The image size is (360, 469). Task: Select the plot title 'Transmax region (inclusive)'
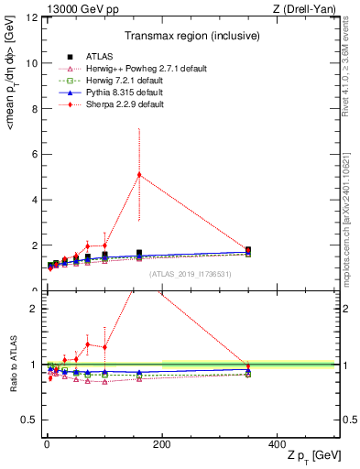[x=191, y=36]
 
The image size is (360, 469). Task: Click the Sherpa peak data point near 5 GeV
[x=139, y=175]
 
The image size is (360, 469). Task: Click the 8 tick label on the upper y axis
[x=34, y=108]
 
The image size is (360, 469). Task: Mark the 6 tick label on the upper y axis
[x=34, y=154]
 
